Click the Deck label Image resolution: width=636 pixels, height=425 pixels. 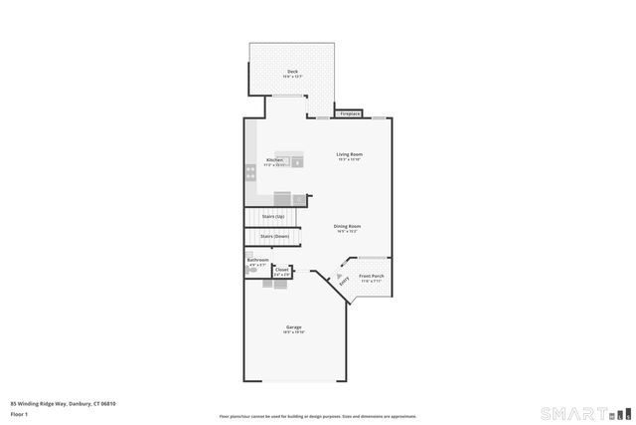pos(292,72)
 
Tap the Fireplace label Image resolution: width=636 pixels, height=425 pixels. pos(350,114)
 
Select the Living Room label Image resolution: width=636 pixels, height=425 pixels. pos(348,154)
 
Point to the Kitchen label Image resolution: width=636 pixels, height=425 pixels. pos(275,160)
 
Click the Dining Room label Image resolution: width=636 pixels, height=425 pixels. pos(347,226)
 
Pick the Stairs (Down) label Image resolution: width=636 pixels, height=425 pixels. pos(274,236)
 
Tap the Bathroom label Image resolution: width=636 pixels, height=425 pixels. pos(257,260)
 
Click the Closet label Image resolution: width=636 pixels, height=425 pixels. pos(282,269)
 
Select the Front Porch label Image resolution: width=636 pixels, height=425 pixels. pos(372,276)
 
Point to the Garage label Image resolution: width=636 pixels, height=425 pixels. pos(294,327)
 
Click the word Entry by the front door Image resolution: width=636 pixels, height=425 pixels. pos(344,284)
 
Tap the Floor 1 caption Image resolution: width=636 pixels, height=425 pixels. pos(19,415)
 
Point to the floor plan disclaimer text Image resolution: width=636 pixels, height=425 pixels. pos(317,416)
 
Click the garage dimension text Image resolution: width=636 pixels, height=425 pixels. pos(294,332)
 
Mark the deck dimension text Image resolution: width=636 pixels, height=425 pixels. pos(292,77)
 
